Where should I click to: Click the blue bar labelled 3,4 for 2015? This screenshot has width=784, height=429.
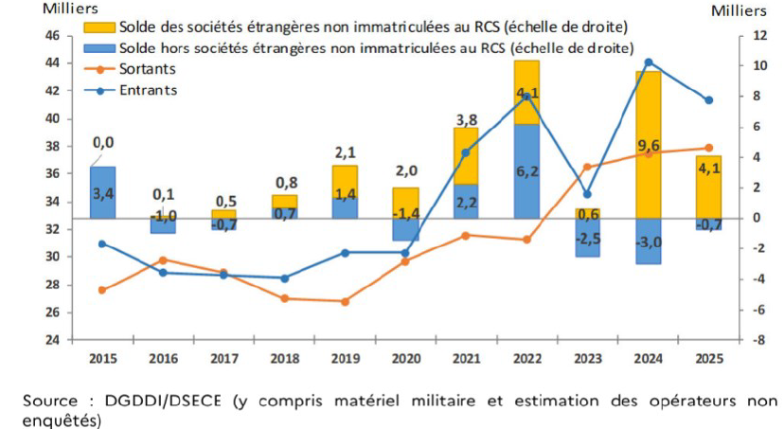click(103, 192)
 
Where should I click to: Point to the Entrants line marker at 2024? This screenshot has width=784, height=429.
click(648, 63)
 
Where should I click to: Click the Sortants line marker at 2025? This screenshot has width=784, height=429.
click(708, 148)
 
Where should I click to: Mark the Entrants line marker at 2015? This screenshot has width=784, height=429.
click(102, 243)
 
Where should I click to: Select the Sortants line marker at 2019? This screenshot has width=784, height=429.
click(345, 301)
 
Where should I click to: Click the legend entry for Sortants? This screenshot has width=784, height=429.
click(148, 68)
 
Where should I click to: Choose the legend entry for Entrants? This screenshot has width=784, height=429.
click(148, 90)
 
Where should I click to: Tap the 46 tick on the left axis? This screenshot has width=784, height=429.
click(53, 35)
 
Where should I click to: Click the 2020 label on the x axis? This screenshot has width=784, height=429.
click(405, 358)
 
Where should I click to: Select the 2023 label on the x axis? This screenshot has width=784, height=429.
click(587, 358)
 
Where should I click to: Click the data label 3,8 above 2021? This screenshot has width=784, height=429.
click(466, 119)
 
